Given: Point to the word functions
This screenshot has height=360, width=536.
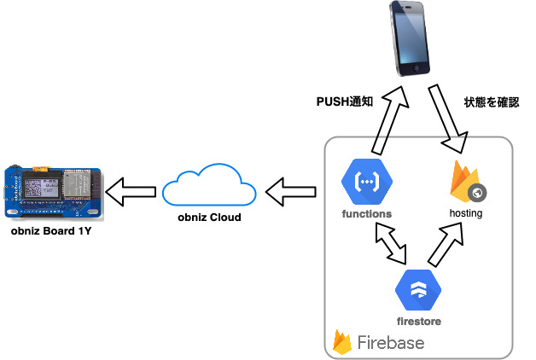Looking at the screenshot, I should click(x=366, y=213).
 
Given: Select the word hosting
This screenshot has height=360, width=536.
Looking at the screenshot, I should click(x=466, y=213).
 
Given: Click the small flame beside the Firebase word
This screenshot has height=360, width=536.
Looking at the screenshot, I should click(x=344, y=341).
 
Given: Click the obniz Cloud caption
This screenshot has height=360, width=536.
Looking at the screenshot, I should click(x=208, y=218).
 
